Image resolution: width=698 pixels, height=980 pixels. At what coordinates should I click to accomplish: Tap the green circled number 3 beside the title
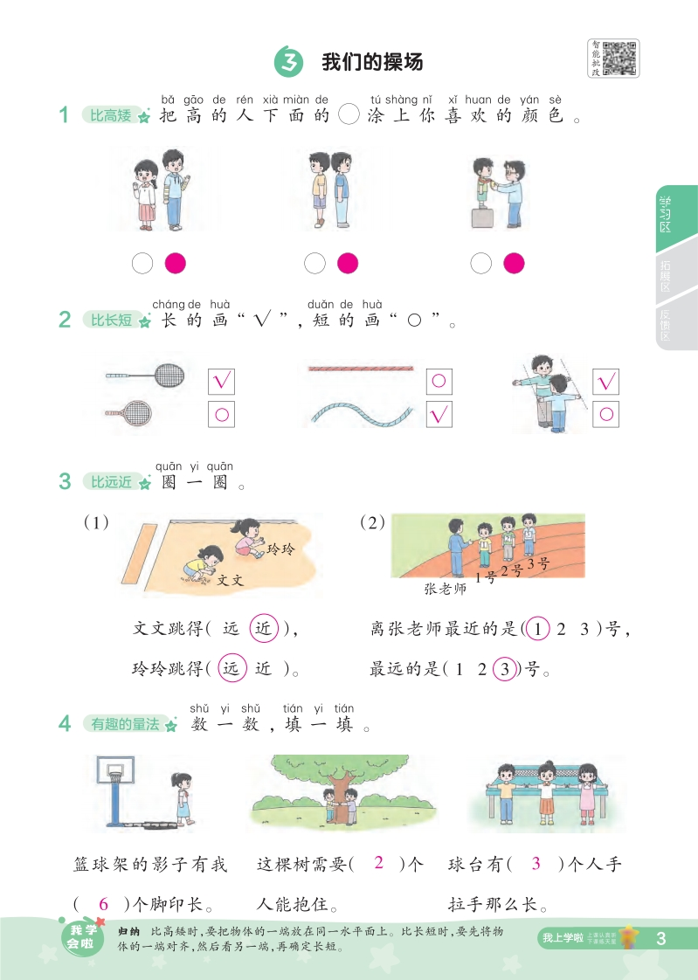pos(288,62)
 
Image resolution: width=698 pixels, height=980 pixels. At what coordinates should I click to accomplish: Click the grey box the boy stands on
pos(482,217)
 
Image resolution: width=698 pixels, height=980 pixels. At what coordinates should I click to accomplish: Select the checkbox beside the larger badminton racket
pos(221,381)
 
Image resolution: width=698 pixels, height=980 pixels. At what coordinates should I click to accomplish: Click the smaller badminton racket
pos(128,412)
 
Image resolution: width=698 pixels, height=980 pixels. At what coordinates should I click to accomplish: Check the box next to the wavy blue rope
pos(439,414)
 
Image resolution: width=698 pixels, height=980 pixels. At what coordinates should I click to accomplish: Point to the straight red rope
pos(361,369)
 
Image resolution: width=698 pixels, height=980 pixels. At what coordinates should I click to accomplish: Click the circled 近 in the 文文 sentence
pos(264,628)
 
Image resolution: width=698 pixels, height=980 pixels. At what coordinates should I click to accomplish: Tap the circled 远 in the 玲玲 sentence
pos(232,669)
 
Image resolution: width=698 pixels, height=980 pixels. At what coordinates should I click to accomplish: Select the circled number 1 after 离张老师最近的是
pos(537,629)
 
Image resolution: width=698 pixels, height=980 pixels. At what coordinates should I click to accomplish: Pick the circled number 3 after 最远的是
pos(504,669)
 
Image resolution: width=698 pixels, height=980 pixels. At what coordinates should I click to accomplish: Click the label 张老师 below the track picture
pos(445,589)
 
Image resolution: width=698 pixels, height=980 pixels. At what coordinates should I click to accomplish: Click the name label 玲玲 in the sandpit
pos(280,549)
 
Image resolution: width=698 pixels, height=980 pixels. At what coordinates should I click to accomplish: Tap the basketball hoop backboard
pos(115,770)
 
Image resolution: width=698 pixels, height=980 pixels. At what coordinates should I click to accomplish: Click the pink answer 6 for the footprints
pos(104,904)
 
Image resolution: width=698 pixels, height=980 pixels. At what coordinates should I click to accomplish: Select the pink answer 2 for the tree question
pos(378,862)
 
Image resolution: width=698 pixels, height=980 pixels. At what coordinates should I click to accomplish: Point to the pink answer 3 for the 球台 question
pos(536,863)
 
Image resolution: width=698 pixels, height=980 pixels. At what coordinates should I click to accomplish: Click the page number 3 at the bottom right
pos(661,938)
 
